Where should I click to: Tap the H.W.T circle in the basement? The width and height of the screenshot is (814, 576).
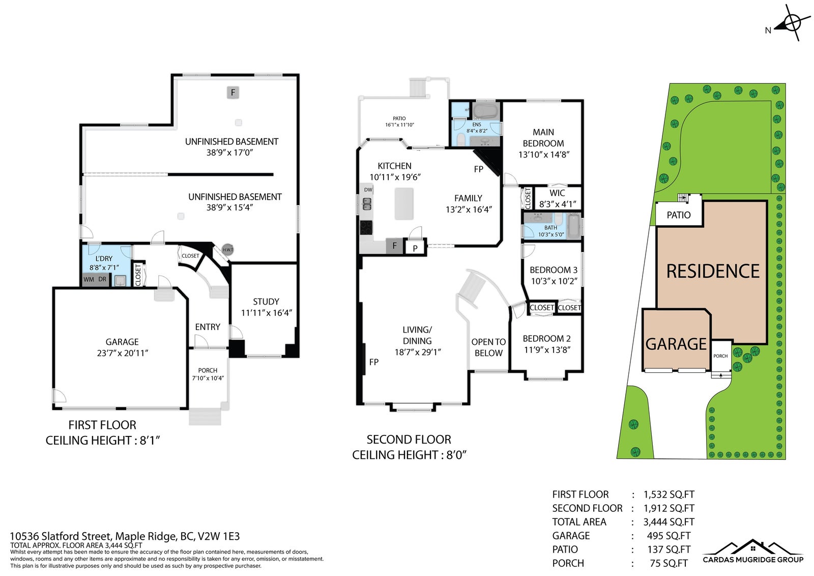click(227, 250)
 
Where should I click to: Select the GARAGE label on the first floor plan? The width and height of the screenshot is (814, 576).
click(122, 342)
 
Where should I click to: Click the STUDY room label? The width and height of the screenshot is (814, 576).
click(266, 301)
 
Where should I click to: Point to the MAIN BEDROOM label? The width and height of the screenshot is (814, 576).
click(543, 138)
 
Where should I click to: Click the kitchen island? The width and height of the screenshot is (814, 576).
click(404, 204)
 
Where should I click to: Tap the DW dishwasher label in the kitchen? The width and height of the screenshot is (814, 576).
click(368, 189)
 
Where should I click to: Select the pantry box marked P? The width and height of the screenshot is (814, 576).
click(415, 248)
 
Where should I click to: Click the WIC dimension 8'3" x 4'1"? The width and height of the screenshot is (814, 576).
click(558, 204)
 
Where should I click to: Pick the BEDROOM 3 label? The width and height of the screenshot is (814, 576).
click(554, 270)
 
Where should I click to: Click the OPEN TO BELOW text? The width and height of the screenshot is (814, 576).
click(488, 347)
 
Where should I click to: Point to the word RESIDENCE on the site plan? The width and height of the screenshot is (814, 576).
click(713, 271)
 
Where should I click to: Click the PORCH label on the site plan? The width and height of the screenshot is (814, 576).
click(720, 356)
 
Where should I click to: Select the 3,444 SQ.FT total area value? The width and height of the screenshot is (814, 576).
click(668, 522)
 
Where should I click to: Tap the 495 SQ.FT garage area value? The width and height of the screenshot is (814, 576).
click(668, 536)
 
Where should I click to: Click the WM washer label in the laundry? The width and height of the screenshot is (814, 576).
click(89, 280)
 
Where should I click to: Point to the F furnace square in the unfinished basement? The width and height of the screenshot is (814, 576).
click(233, 92)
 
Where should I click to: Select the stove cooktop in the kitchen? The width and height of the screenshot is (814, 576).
click(366, 228)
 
